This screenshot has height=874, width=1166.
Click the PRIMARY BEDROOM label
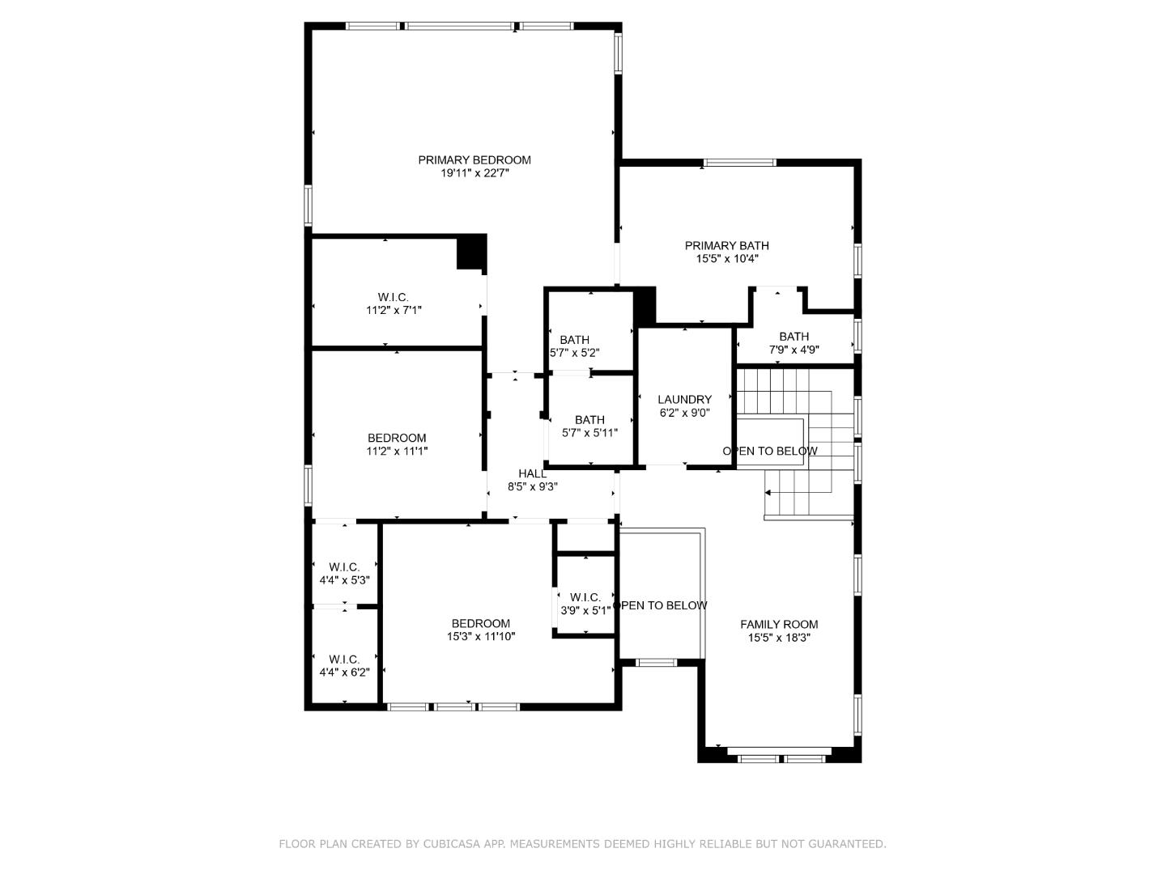tap(474, 160)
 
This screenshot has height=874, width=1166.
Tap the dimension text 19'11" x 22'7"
tap(474, 173)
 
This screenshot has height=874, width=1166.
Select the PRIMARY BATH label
tap(726, 246)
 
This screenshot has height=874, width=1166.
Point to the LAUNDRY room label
tap(684, 400)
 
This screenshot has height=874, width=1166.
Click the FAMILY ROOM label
tap(779, 625)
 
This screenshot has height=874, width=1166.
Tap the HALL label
tap(532, 473)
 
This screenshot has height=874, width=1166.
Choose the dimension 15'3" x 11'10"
tap(481, 637)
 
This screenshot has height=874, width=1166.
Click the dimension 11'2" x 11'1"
tap(397, 452)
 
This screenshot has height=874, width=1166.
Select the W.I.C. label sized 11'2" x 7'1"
tap(394, 297)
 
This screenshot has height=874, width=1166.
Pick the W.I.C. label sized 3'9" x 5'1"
tap(585, 598)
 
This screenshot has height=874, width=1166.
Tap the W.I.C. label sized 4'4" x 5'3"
tap(344, 567)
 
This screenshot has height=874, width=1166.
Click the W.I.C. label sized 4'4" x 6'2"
tap(344, 660)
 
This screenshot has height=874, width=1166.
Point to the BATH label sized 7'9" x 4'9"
tap(794, 337)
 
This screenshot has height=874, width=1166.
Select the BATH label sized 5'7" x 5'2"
tap(574, 340)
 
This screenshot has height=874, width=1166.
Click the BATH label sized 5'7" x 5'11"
tap(589, 420)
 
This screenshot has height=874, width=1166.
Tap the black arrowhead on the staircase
tap(768, 492)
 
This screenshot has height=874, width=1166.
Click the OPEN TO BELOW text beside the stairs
tap(770, 451)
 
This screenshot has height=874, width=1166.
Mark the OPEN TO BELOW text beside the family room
tap(661, 605)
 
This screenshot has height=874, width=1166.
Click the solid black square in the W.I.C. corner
tap(471, 252)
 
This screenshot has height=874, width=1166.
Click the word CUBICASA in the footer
tap(451, 844)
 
